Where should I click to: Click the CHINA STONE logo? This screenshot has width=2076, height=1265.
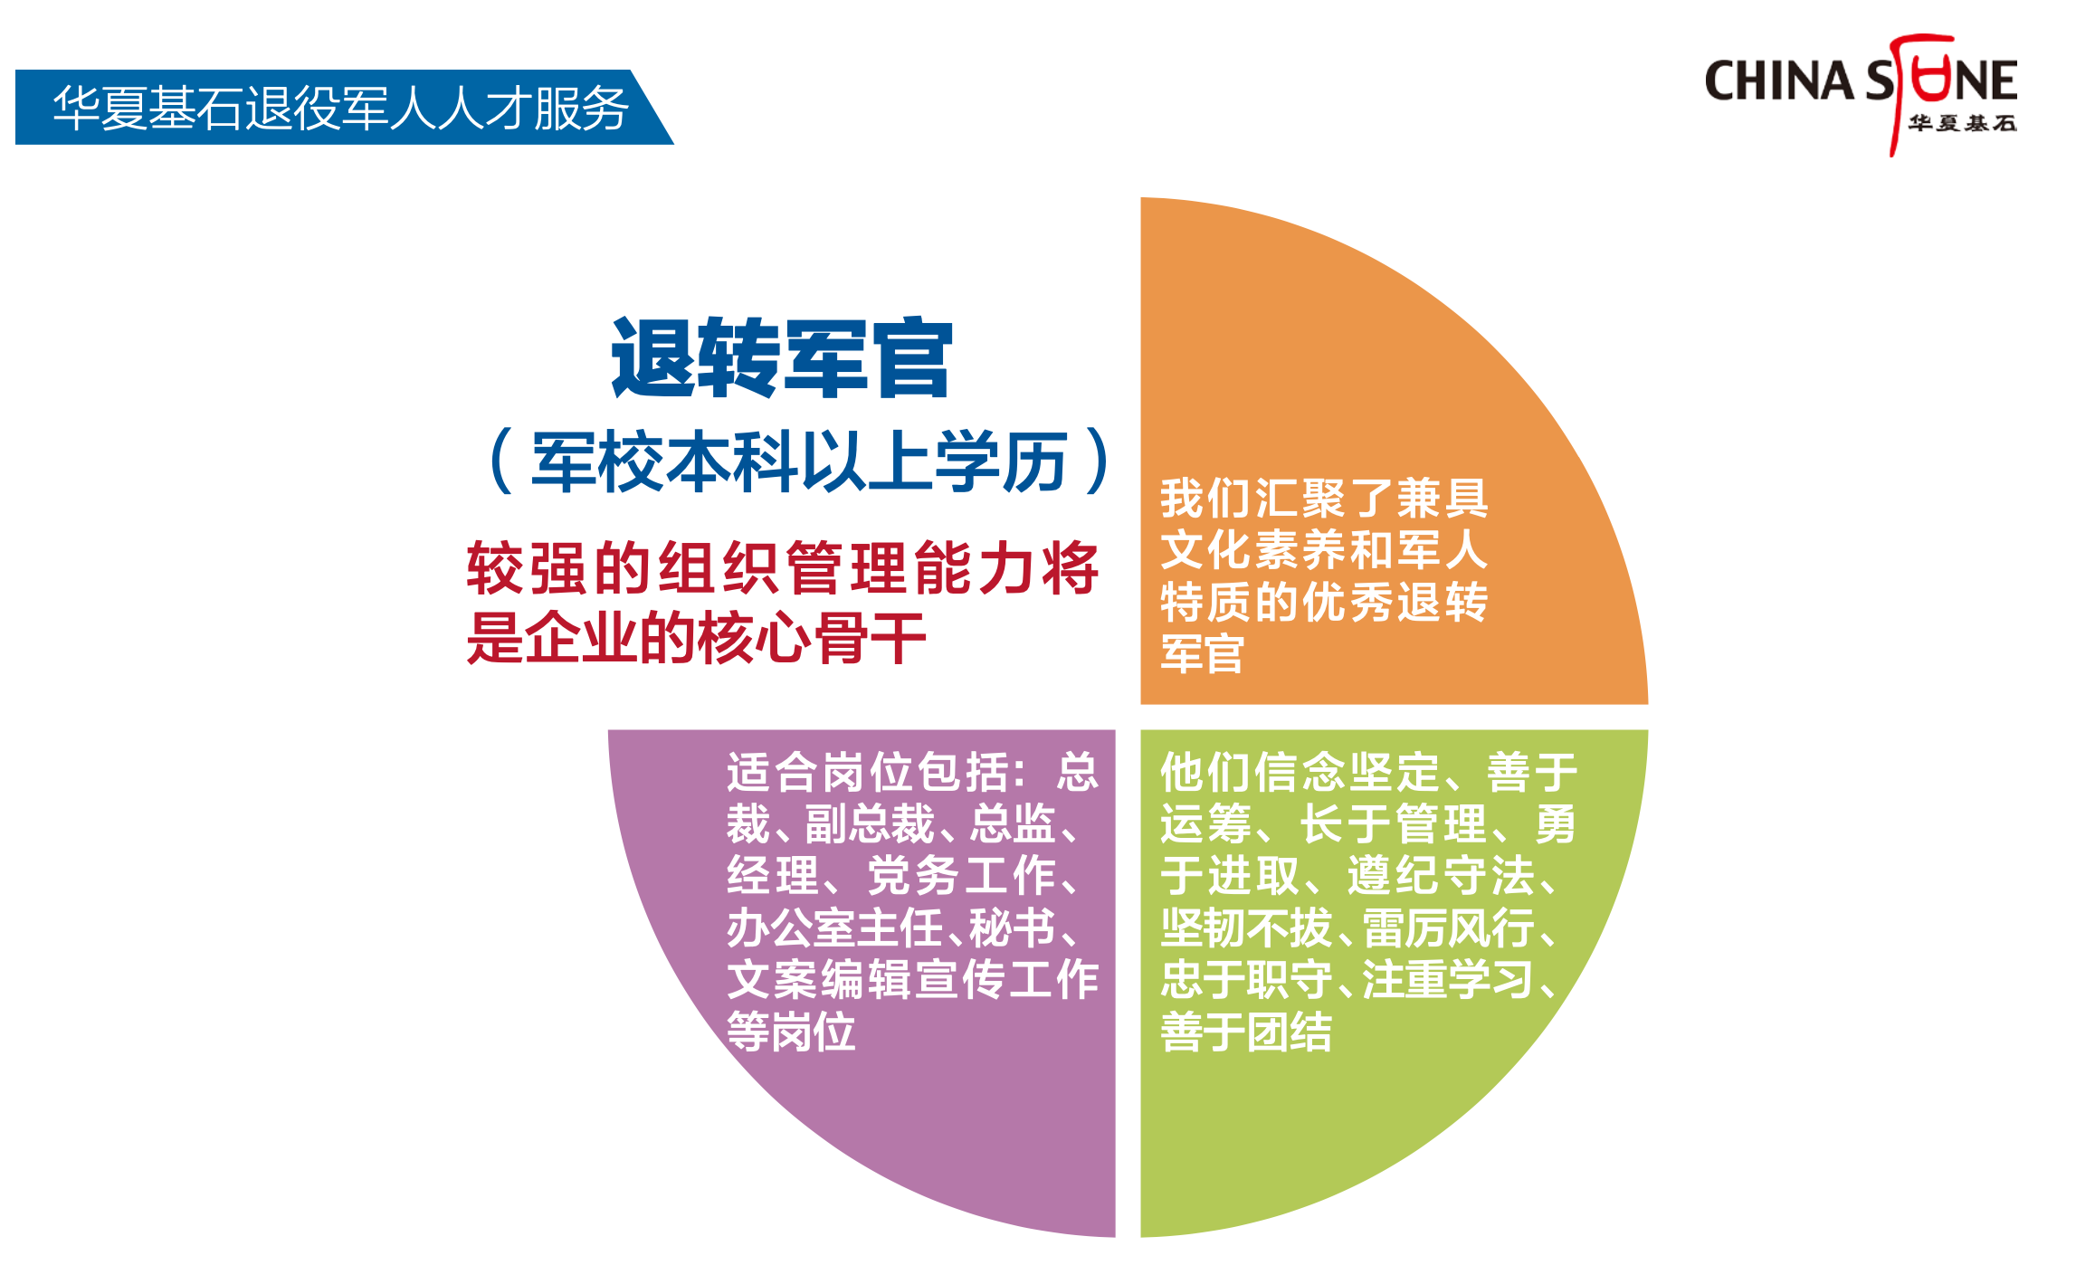click(x=1861, y=94)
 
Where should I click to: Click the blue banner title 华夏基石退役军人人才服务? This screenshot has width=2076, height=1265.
click(x=341, y=109)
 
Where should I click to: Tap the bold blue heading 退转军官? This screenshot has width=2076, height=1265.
click(x=782, y=358)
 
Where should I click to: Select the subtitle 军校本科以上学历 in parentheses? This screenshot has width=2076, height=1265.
click(x=799, y=461)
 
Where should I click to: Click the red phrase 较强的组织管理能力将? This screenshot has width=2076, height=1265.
click(x=783, y=568)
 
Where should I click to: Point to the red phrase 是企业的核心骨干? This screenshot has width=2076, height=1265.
click(x=697, y=638)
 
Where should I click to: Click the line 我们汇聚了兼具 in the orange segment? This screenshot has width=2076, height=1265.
click(x=1324, y=498)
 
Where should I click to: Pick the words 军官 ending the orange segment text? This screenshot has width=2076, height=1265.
click(x=1203, y=653)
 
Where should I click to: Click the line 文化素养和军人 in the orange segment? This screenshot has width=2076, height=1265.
click(x=1324, y=549)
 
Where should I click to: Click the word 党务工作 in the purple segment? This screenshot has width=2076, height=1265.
click(x=961, y=875)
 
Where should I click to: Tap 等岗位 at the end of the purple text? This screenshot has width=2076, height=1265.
click(x=791, y=1032)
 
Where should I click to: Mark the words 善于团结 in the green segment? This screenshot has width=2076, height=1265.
click(x=1246, y=1032)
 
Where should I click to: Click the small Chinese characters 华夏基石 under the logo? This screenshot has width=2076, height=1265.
click(x=1962, y=123)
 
